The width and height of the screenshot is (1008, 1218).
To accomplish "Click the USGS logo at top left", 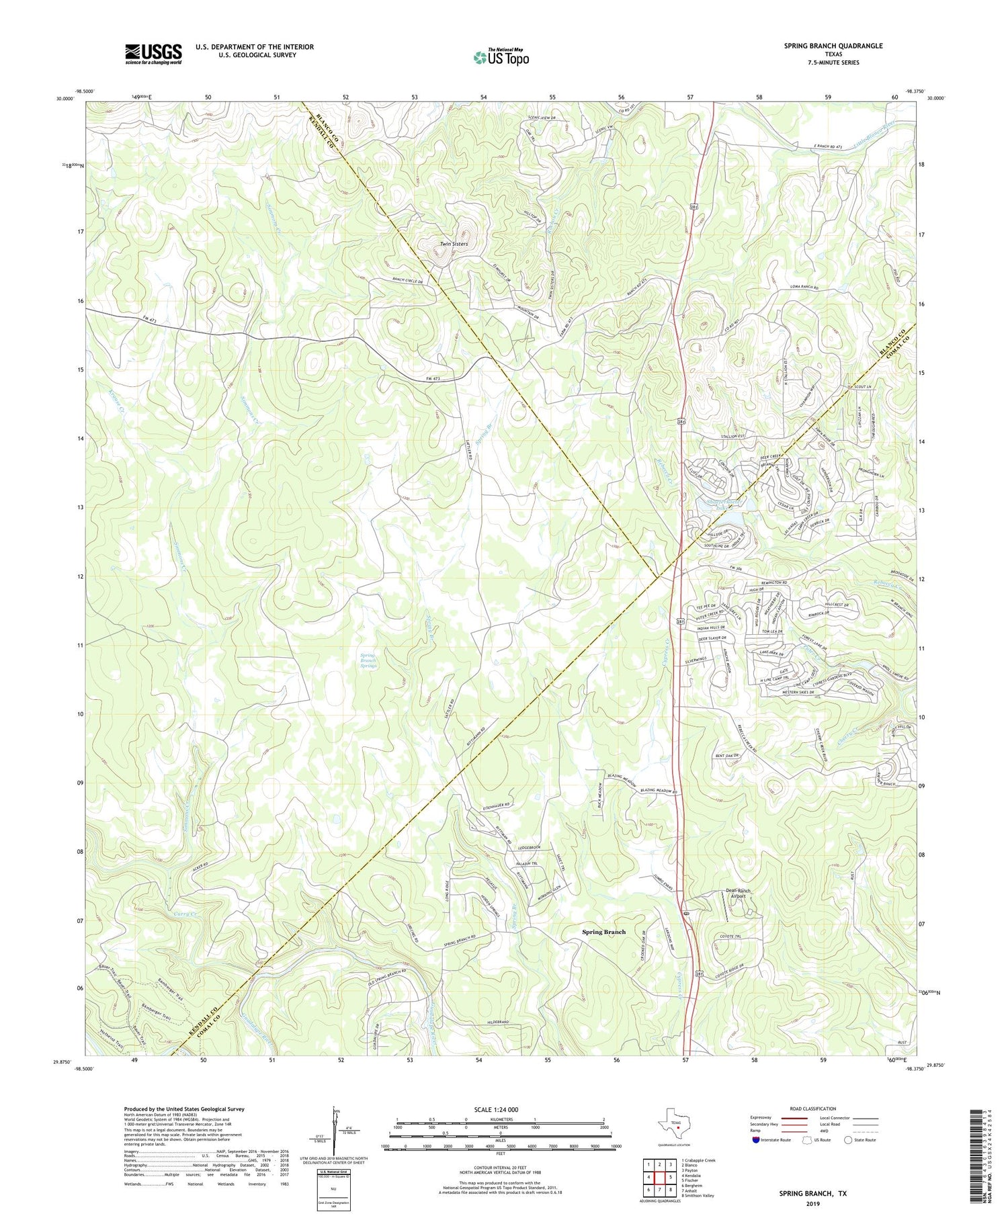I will (153, 54).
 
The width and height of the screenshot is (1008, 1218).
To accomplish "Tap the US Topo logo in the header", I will (501, 58).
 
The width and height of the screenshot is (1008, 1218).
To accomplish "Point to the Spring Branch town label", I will (603, 932).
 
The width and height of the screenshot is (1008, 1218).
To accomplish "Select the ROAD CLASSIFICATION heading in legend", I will (813, 1108).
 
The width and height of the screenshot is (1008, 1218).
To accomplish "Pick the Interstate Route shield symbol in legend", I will (757, 1140).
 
